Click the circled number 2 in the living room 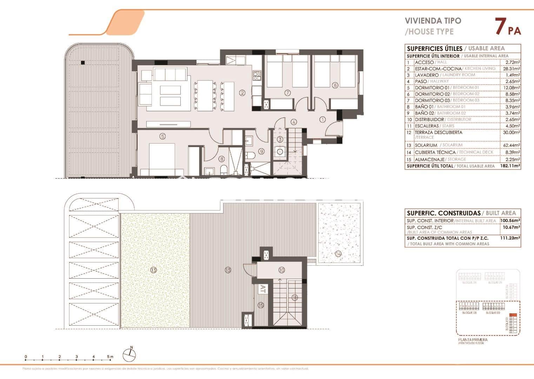[x=242, y=93]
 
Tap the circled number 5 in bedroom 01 [x=162, y=137]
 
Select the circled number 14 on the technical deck [x=338, y=254]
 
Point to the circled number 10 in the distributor [x=281, y=270]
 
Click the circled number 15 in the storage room [x=260, y=305]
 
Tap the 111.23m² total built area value [x=510, y=238]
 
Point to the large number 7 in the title [x=500, y=27]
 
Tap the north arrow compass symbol [x=129, y=355]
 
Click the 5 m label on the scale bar [x=111, y=357]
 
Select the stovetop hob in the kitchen [x=257, y=74]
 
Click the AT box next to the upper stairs [x=262, y=289]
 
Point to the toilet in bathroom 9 [x=250, y=155]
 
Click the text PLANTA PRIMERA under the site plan [x=473, y=340]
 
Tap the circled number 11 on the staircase [x=294, y=298]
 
